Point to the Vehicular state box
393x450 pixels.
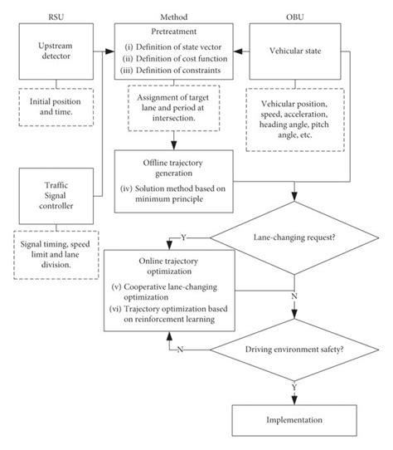(294, 51)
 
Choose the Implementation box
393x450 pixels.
(295, 420)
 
